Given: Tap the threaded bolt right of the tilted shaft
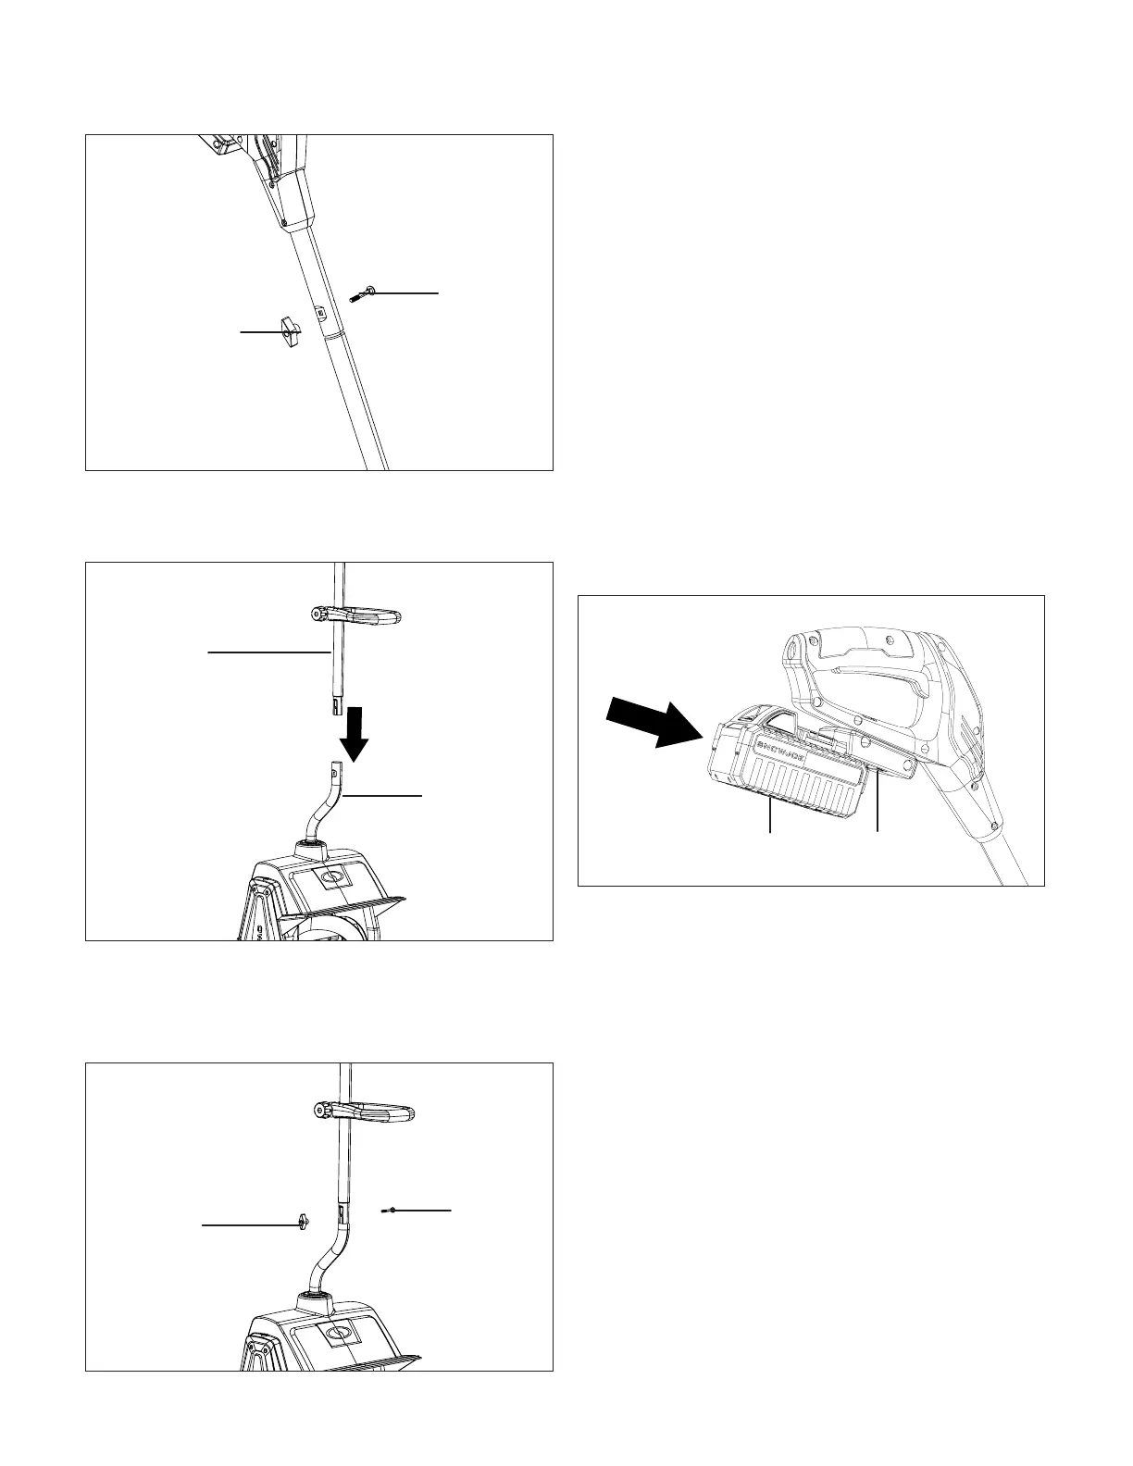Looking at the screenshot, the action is [x=360, y=295].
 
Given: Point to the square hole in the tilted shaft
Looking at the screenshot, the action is [x=320, y=312].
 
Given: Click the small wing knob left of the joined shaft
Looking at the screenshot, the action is [x=305, y=1224].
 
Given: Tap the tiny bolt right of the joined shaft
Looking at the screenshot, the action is [x=392, y=1210].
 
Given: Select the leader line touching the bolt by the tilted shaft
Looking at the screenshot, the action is [x=404, y=292].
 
